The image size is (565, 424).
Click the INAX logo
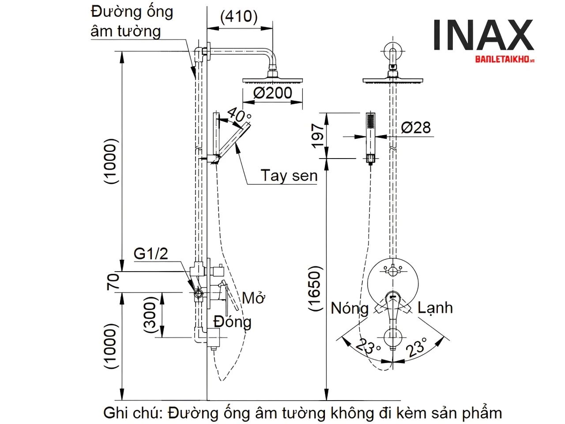[x=483, y=35]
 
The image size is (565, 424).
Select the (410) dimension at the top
[x=239, y=16]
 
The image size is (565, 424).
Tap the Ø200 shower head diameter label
[x=273, y=93]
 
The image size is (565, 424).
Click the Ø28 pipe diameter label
[x=416, y=128]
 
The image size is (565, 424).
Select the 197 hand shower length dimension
[x=317, y=136]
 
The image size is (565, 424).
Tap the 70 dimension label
[x=113, y=281]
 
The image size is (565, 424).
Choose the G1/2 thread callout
[x=151, y=254]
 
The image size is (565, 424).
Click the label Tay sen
[x=289, y=176]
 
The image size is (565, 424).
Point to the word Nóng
[x=350, y=308]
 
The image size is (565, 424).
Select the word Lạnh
[x=435, y=307]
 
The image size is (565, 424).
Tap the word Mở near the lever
[x=253, y=298]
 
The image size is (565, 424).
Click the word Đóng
[x=232, y=321]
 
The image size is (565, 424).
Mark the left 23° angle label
[x=368, y=346]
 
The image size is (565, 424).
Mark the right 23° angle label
[x=417, y=346]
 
